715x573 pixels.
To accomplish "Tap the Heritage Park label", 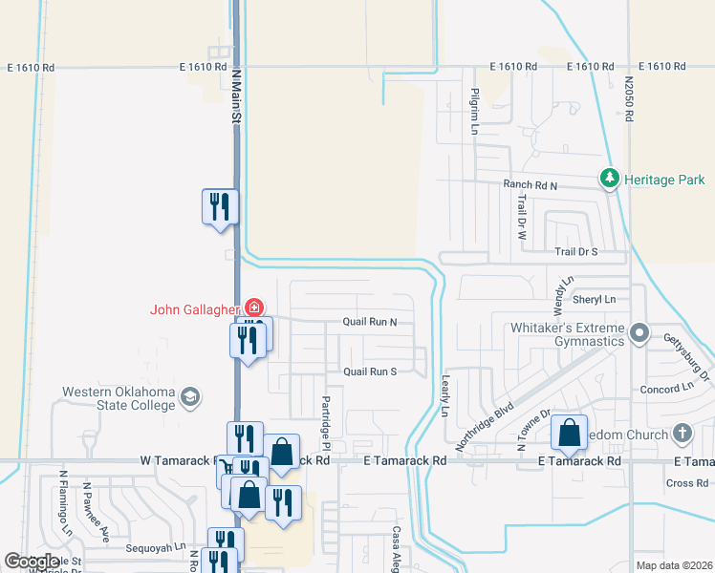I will [665, 180].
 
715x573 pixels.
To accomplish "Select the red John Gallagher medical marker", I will [254, 308].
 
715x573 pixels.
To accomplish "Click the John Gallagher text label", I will [195, 308].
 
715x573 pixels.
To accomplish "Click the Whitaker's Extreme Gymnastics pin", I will [640, 335].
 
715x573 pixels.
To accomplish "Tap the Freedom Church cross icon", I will [682, 434].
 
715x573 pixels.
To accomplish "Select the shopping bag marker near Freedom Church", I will [570, 433].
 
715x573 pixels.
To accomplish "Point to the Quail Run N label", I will [370, 323].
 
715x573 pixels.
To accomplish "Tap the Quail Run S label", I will [370, 371].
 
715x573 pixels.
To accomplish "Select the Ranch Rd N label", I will [531, 183].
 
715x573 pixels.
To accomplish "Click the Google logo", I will [32, 562].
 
